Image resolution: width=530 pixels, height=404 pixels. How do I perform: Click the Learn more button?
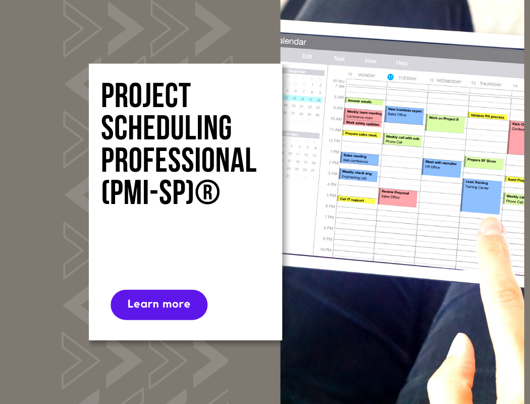point(159,305)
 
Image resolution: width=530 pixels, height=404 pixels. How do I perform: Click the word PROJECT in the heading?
point(146,95)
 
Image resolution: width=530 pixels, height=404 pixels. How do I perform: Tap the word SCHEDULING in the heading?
point(166,128)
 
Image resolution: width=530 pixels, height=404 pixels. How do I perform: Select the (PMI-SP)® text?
point(161,192)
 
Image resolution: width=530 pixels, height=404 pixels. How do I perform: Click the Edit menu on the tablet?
point(307,57)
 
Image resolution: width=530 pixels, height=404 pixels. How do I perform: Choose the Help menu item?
point(402,63)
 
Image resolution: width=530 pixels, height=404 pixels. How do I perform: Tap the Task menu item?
point(339,59)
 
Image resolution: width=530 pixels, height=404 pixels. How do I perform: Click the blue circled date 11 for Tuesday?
point(390,77)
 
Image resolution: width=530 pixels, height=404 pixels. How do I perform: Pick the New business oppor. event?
point(404,115)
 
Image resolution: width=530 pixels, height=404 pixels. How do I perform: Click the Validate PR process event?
point(487,116)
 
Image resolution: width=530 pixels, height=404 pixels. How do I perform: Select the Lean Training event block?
point(482,195)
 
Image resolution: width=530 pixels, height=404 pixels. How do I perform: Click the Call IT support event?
point(356,200)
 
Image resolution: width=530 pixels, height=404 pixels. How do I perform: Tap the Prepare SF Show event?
point(484,162)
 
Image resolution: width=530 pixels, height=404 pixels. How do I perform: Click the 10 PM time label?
point(325,250)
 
